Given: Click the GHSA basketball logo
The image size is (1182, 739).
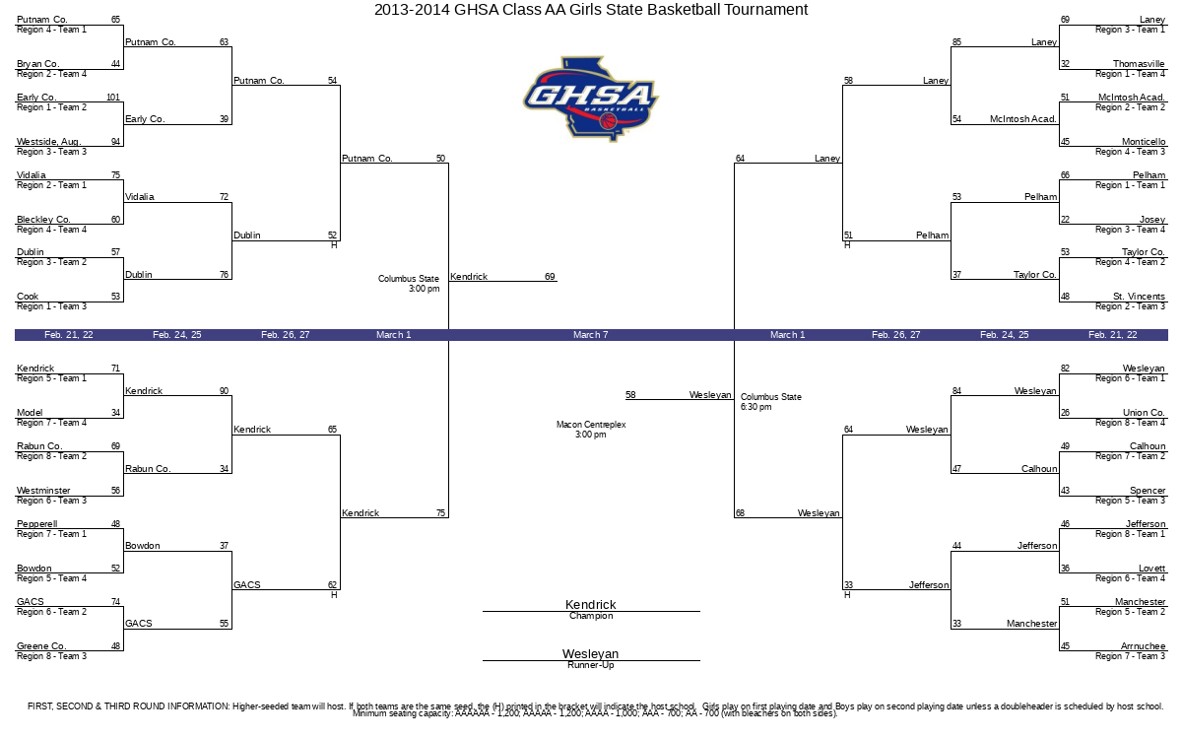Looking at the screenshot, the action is [x=591, y=100].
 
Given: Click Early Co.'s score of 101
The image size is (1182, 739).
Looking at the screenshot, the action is [x=113, y=98].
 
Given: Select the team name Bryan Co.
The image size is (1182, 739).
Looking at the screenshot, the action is [x=38, y=64].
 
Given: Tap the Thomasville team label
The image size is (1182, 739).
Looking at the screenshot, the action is [x=1139, y=64].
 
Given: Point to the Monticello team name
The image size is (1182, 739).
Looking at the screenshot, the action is [x=1144, y=142].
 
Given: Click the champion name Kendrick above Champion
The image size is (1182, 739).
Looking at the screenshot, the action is [x=590, y=604].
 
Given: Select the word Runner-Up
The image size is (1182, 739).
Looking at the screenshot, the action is [x=590, y=665].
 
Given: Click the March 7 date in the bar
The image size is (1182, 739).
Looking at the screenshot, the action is [x=590, y=335].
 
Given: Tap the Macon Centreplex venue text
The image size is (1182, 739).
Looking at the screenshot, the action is [x=590, y=430].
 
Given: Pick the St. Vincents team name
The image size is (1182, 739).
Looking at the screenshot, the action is [x=1139, y=297].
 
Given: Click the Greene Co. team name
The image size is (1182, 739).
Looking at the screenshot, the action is [x=41, y=646].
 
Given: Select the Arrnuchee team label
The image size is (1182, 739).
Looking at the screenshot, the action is [x=1143, y=646].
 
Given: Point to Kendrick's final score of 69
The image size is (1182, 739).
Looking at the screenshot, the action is [x=550, y=277].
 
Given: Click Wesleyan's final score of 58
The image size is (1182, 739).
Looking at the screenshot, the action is [x=630, y=395].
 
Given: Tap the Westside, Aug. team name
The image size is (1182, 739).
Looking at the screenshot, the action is [x=48, y=142].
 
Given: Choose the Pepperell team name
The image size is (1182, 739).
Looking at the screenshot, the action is [x=37, y=523].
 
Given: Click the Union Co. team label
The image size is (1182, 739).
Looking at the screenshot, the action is [x=1144, y=412].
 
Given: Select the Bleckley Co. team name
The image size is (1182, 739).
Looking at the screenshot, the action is [x=43, y=219].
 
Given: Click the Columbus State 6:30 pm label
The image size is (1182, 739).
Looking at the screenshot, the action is [x=771, y=402].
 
